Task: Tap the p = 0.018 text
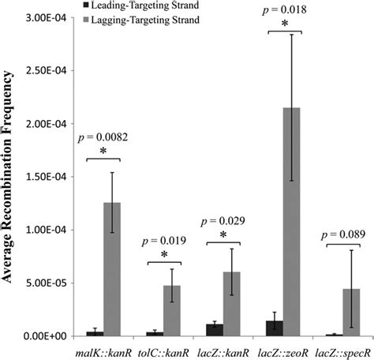pyautogui.click(x=271, y=9)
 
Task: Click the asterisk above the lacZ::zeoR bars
pyautogui.click(x=271, y=24)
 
